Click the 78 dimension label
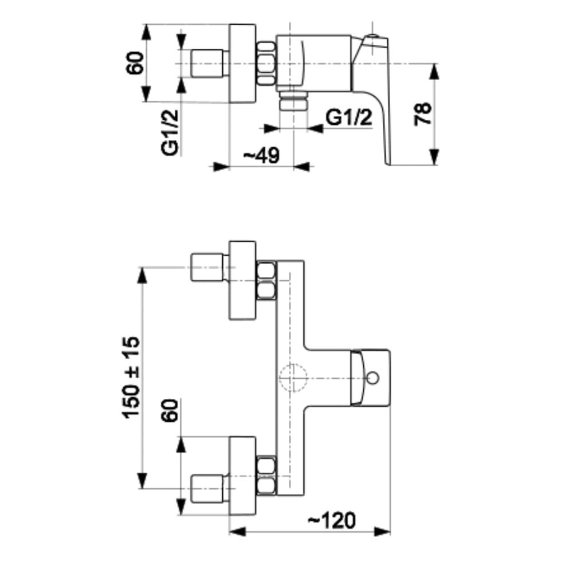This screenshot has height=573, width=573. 423,114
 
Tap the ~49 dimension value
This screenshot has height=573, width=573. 262,155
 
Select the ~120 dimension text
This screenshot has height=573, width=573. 331,520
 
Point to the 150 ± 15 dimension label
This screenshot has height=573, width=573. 131,377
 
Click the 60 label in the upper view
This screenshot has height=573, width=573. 135,64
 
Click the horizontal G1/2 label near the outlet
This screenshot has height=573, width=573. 348,117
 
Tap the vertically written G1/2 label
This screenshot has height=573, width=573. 170,133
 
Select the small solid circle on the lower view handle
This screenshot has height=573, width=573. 373,378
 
